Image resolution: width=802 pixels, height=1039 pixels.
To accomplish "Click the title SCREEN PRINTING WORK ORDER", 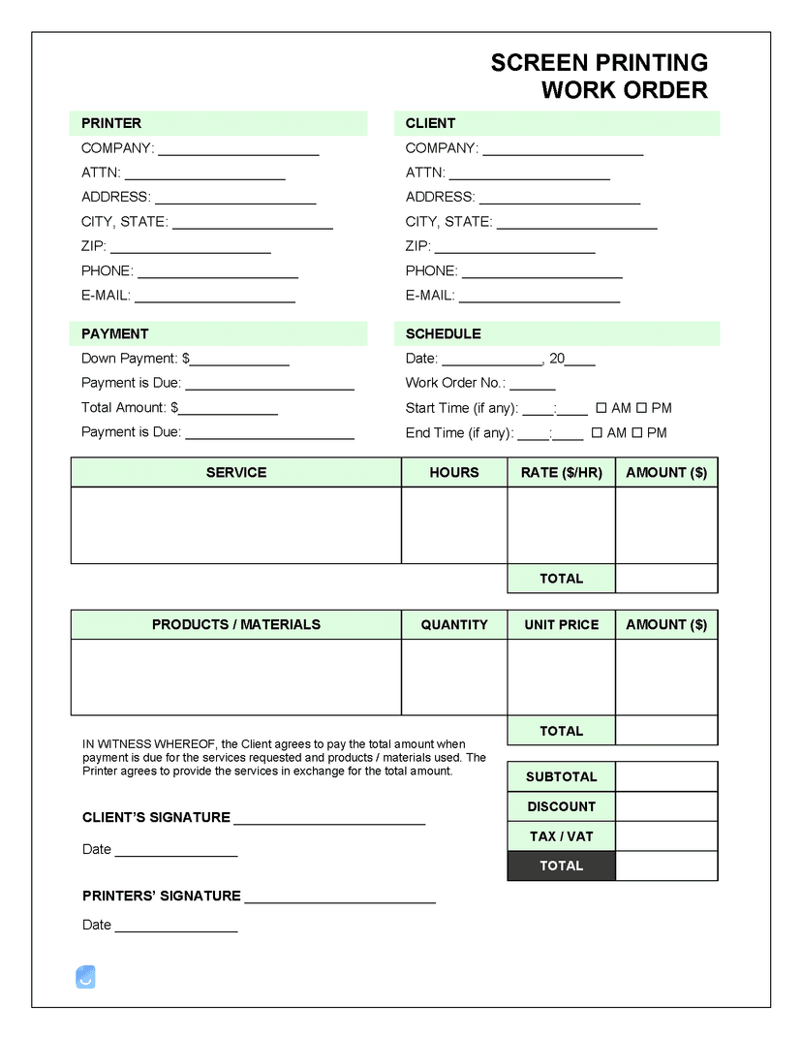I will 599,77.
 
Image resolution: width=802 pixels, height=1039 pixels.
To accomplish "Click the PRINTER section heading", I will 111,123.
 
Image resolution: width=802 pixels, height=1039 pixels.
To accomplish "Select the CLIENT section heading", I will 430,123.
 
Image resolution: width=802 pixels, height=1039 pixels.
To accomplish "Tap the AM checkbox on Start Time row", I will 601,408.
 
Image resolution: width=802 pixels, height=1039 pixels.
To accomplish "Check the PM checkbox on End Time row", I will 637,433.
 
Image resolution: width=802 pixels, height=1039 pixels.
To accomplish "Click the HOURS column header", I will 453,472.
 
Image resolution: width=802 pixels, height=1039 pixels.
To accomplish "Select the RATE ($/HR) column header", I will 561,472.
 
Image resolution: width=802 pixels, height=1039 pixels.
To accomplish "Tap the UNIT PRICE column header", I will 561,625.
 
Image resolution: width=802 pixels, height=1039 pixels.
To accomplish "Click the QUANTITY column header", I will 453,625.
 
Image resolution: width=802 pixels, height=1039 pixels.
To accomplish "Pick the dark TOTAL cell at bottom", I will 561,866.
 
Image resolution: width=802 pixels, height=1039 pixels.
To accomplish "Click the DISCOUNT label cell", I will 561,806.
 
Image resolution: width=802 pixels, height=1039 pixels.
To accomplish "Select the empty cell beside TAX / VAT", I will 666,836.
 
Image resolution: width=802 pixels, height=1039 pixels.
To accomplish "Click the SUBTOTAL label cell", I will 561,776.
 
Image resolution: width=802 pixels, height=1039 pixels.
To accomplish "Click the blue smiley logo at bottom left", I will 85,976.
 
